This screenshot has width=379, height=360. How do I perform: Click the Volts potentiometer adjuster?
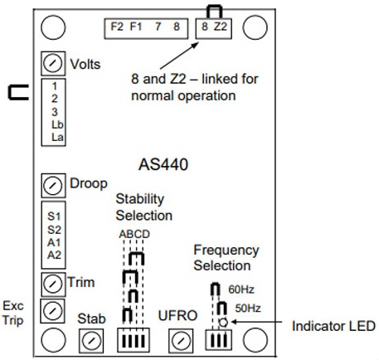click(x=53, y=64)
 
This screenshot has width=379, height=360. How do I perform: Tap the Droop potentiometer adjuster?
click(x=53, y=186)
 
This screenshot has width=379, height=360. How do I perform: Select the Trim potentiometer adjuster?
click(x=53, y=285)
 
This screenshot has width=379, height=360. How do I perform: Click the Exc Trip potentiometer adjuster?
click(x=52, y=311)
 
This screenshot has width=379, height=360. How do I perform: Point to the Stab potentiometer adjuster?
click(x=91, y=341)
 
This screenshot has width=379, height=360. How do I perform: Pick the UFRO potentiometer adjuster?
click(x=181, y=341)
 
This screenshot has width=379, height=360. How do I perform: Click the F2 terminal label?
click(x=117, y=27)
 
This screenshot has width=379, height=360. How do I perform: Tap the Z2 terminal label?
click(x=221, y=27)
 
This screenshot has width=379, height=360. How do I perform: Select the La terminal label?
click(x=57, y=137)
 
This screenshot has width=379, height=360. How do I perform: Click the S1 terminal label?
click(x=54, y=216)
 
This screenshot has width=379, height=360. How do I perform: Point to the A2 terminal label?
click(x=54, y=255)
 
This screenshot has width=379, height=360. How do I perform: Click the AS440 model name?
click(x=163, y=164)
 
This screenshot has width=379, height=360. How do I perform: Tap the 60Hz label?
click(x=241, y=289)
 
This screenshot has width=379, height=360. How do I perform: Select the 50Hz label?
click(x=248, y=308)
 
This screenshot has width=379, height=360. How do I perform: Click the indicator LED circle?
click(x=223, y=322)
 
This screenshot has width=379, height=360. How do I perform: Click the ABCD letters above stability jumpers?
click(x=134, y=234)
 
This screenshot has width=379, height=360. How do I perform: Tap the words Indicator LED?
click(x=333, y=326)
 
